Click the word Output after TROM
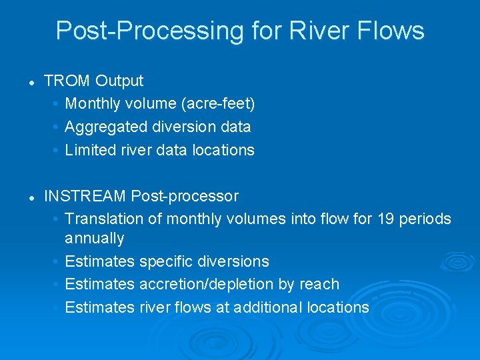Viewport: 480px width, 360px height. click(119, 81)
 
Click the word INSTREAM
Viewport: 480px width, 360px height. click(85, 196)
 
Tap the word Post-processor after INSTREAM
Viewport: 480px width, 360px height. click(185, 196)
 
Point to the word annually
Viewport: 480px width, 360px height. click(94, 238)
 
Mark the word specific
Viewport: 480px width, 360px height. click(165, 261)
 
